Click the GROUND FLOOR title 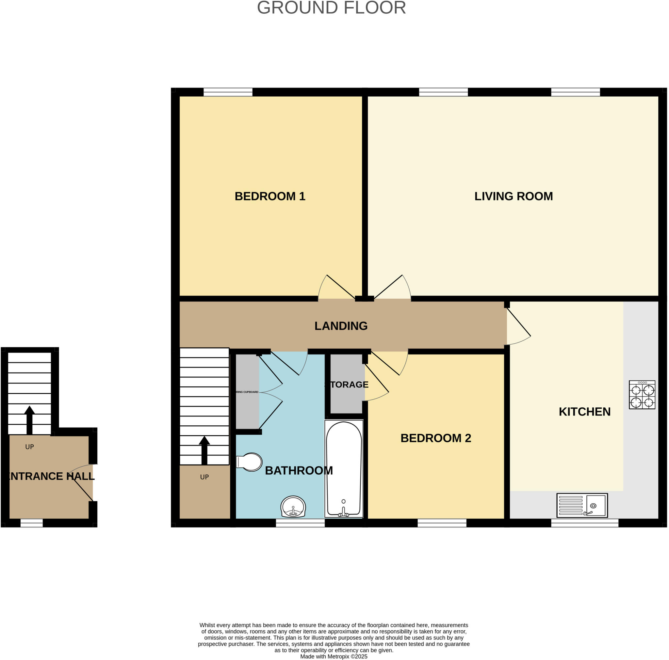tap(331, 8)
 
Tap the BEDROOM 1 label tap(270, 196)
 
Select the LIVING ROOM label tap(513, 196)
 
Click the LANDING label tap(341, 326)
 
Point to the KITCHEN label tap(584, 412)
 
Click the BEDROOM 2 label tap(436, 438)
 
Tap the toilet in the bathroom tap(249, 462)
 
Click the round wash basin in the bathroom tap(293, 507)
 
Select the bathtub tap(344, 469)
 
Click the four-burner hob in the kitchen tap(642, 395)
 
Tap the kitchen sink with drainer tap(582, 505)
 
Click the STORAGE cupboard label tap(347, 385)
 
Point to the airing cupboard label tap(247, 392)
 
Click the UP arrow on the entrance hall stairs tap(29, 419)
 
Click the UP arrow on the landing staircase tap(204, 450)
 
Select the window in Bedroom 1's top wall tap(228, 92)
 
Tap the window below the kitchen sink tap(584, 523)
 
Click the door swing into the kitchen tap(518, 327)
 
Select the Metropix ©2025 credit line tap(334, 656)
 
